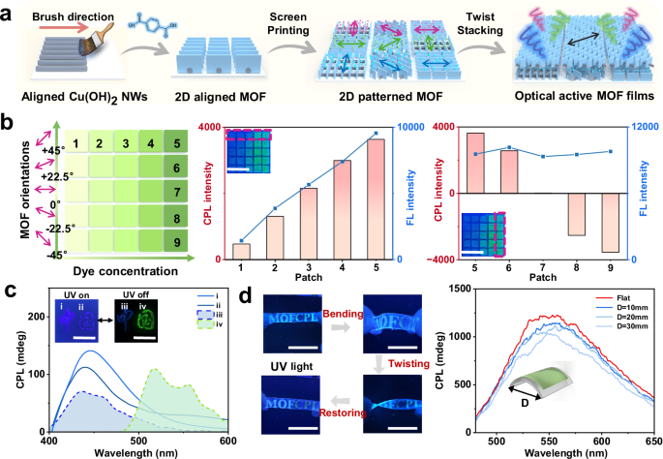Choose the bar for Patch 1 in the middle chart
tap(241, 251)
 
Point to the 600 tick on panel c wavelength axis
tap(226, 443)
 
